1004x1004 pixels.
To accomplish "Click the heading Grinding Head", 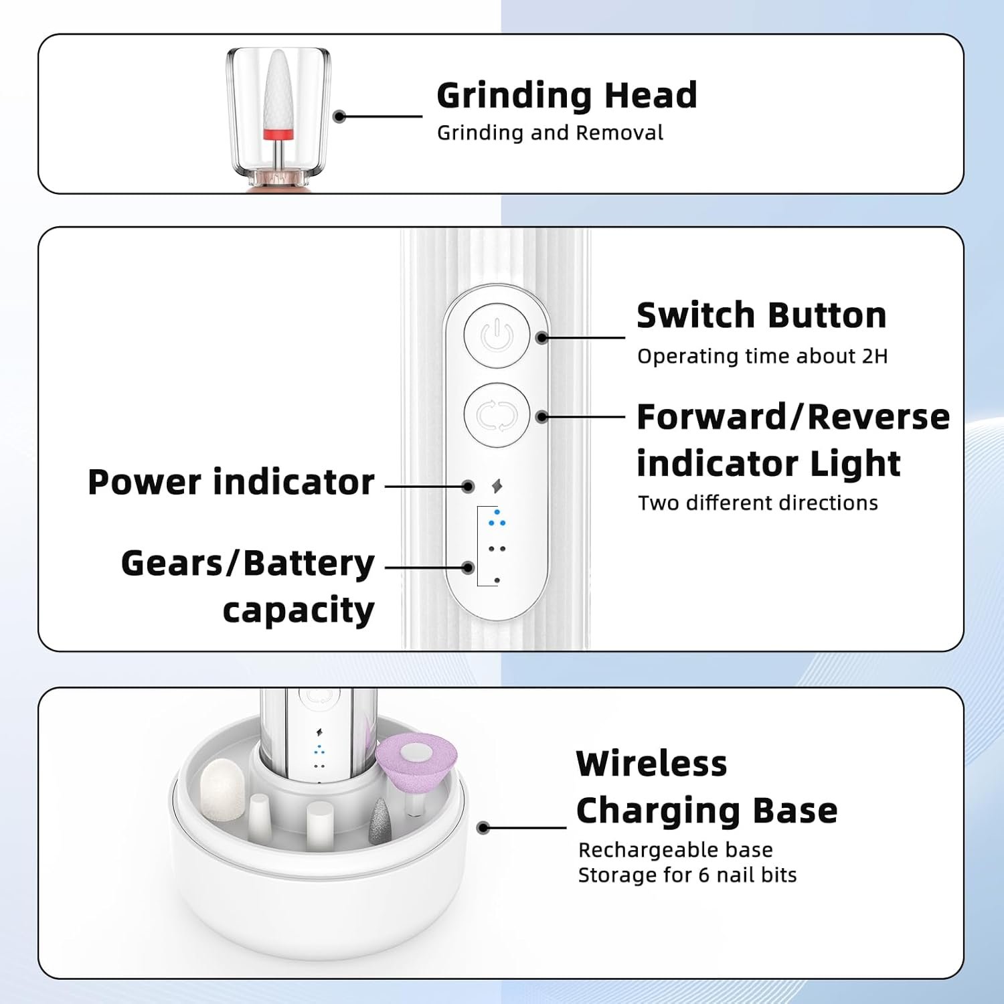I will click(566, 95).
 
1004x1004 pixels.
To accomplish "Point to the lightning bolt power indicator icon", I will click(497, 486).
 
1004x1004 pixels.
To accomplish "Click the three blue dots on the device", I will click(497, 519).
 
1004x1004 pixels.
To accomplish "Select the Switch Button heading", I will click(761, 315).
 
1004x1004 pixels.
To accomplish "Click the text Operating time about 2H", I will click(762, 356).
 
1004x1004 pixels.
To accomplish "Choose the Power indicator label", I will click(231, 482).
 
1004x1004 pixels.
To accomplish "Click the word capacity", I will click(299, 610).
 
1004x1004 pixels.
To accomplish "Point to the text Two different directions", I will click(757, 503).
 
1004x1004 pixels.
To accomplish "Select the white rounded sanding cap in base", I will click(222, 790).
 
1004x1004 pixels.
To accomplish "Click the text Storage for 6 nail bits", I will click(687, 875).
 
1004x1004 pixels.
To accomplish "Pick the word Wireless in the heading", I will click(651, 763).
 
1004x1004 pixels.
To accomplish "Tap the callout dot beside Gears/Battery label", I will click(468, 568).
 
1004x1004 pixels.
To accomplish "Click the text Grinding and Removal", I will click(550, 133).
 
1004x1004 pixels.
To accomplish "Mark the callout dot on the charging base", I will click(483, 828).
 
